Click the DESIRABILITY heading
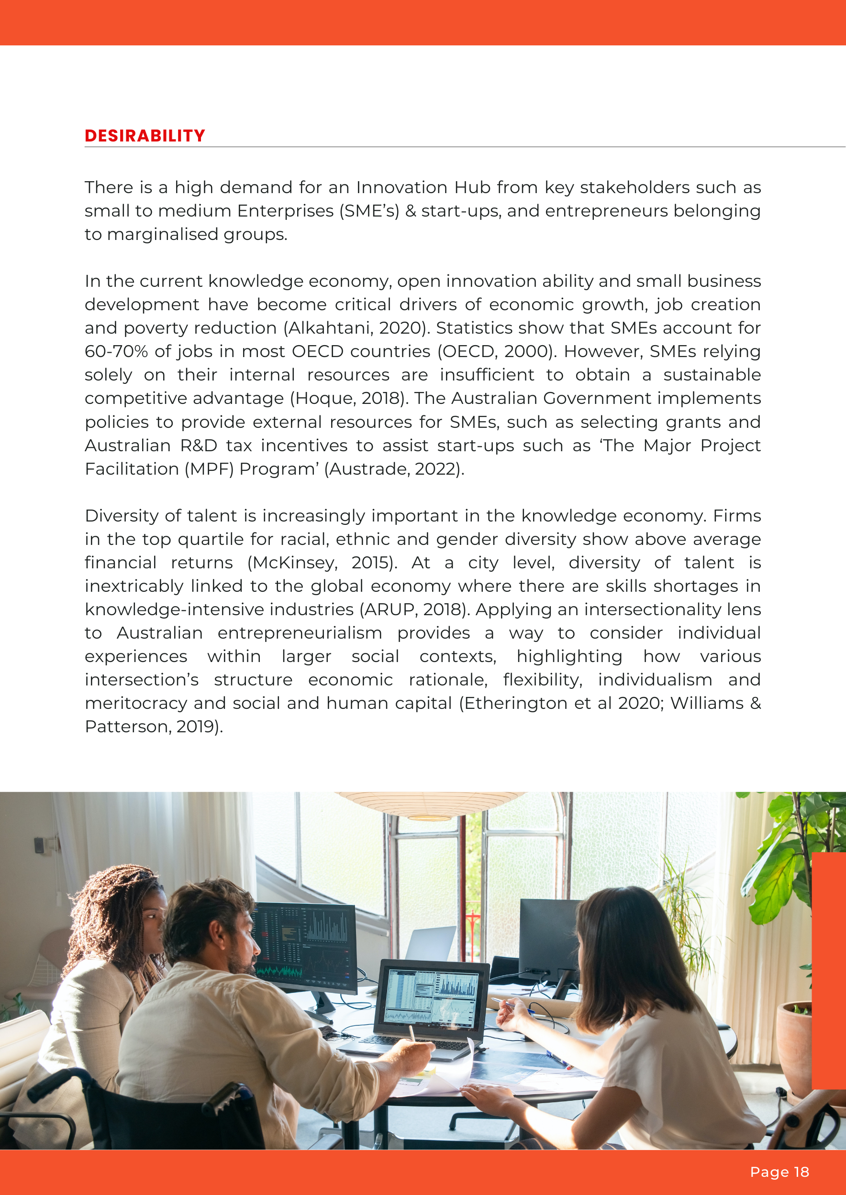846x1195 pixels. [145, 136]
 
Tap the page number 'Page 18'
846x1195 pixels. [779, 1172]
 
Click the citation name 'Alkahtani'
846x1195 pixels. [329, 328]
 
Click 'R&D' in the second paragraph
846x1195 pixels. [199, 445]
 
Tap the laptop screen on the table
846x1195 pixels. [431, 998]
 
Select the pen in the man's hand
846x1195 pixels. [412, 1032]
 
